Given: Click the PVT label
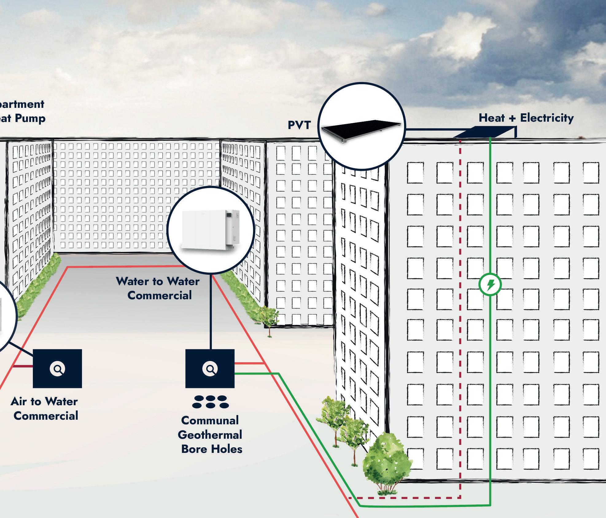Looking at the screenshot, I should (x=299, y=125).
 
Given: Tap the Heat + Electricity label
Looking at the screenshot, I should (x=526, y=118).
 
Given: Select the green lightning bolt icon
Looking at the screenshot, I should (x=490, y=285).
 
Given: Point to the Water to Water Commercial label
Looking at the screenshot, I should (x=158, y=288).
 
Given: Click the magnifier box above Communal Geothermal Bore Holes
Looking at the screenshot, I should (x=210, y=368).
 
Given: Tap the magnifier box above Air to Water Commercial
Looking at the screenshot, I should (x=57, y=368).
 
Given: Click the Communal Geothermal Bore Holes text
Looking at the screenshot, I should (x=210, y=435).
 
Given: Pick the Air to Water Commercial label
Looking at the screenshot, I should (x=45, y=409).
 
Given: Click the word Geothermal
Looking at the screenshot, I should (x=210, y=435).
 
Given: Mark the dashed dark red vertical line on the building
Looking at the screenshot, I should (x=460, y=307).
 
